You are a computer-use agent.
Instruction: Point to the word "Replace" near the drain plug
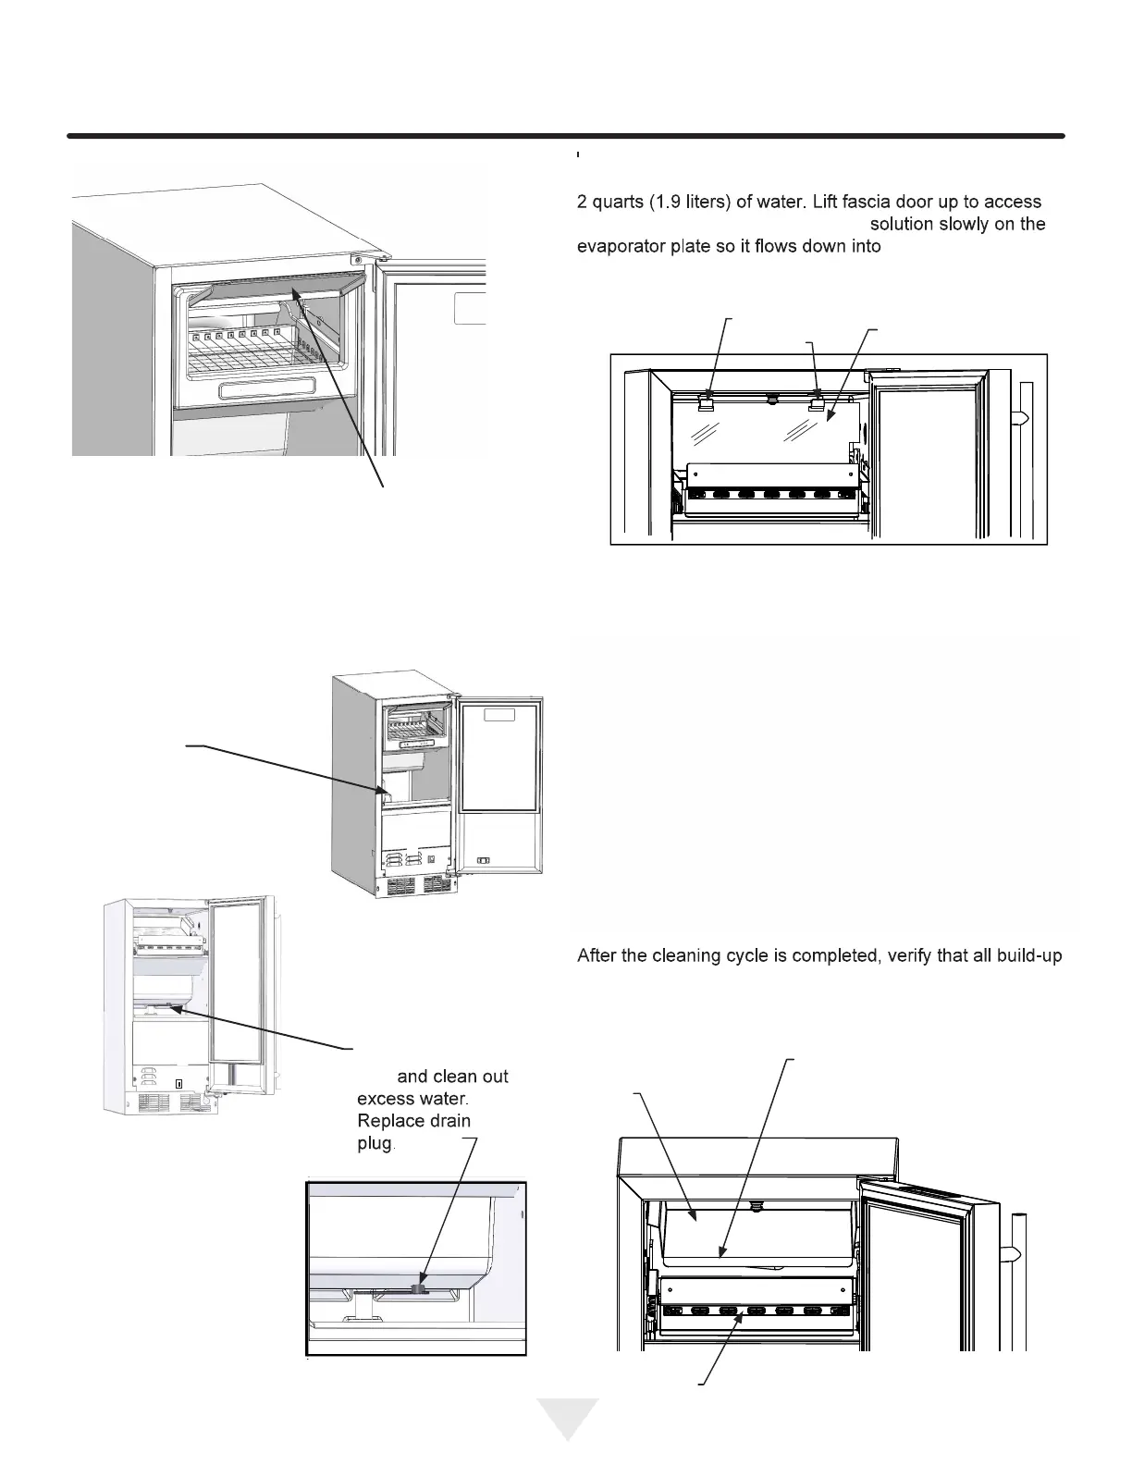[x=389, y=1121]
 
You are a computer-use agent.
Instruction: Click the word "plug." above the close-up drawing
[x=376, y=1144]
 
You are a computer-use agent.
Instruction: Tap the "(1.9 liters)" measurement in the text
[x=689, y=202]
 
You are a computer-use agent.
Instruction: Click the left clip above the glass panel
[x=708, y=399]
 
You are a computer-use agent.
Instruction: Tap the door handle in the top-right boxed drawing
[x=1026, y=417]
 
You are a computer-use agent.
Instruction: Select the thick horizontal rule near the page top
[x=565, y=137]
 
